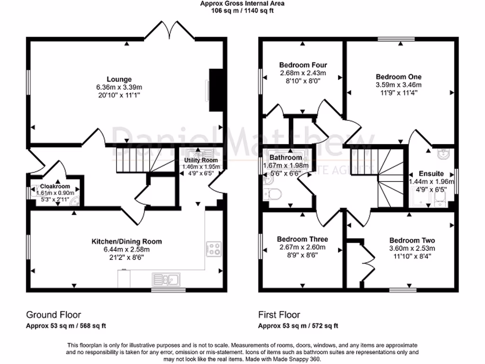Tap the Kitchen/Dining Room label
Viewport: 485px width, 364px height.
click(x=126, y=241)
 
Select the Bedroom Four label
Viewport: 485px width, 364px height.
click(x=303, y=65)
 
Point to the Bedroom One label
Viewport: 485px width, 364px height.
click(x=398, y=76)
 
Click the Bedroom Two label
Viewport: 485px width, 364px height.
click(x=412, y=240)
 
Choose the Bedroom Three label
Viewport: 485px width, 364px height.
click(x=302, y=239)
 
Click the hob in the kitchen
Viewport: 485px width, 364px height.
click(x=214, y=248)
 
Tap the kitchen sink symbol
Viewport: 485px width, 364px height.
click(x=165, y=279)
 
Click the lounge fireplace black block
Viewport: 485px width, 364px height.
click(x=216, y=90)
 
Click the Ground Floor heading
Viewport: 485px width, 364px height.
click(x=53, y=315)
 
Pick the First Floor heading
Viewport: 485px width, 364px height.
click(x=279, y=315)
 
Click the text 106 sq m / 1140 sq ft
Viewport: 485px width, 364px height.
click(x=242, y=10)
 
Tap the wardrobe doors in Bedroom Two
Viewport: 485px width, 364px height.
click(x=366, y=259)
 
